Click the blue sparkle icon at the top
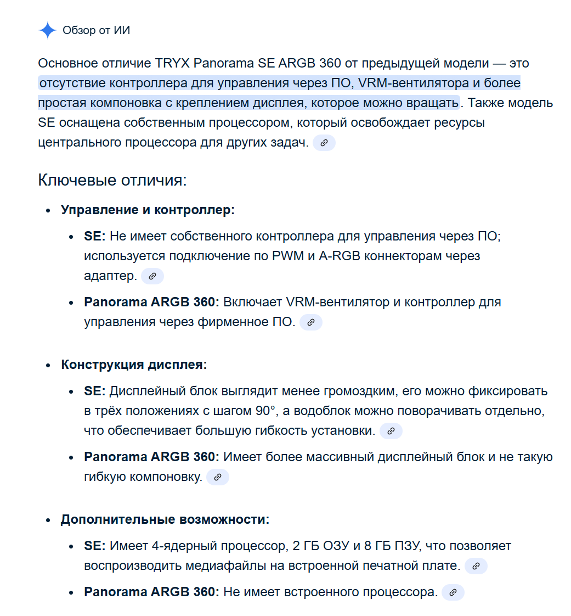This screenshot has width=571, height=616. click(48, 30)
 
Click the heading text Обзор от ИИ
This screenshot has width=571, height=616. click(96, 30)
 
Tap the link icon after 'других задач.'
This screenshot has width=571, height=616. click(324, 143)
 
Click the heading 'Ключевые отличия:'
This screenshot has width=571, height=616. click(112, 180)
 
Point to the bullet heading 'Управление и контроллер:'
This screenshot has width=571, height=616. click(148, 210)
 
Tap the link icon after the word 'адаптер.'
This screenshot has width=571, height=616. click(152, 276)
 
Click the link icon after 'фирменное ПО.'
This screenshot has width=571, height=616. click(311, 322)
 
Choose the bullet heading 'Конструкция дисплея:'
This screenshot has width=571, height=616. click(134, 365)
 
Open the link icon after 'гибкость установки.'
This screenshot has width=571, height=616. click(391, 431)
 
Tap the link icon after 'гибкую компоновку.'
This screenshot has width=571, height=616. click(217, 477)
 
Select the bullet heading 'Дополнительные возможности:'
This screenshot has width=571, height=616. click(165, 519)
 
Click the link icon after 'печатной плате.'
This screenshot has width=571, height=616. click(476, 566)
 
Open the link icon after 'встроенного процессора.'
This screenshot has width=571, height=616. click(453, 592)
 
